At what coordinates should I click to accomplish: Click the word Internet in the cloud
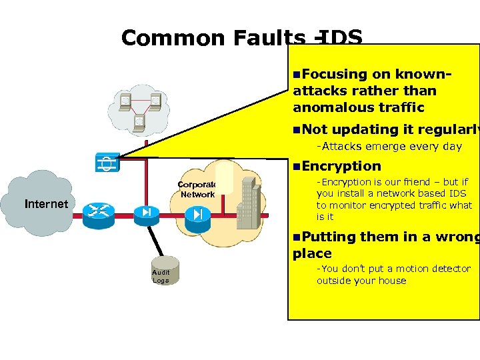(x=46, y=204)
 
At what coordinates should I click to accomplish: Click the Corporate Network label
(x=197, y=189)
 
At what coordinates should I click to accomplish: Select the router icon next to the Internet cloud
(x=99, y=211)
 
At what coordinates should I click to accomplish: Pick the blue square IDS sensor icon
(x=107, y=163)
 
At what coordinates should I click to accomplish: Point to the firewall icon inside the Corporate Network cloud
(x=197, y=214)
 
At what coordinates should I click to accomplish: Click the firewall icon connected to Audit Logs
(x=145, y=212)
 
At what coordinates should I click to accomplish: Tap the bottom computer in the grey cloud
(x=139, y=121)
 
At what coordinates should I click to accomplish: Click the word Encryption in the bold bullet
(x=341, y=166)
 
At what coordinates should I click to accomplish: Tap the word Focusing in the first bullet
(x=334, y=75)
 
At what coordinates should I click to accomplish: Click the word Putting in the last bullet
(x=329, y=237)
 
